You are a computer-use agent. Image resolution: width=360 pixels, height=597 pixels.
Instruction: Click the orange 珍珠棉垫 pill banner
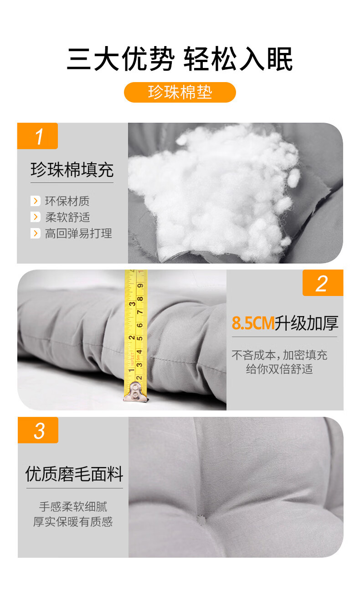(180, 92)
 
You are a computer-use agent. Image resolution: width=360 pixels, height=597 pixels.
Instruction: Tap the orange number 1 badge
(37, 136)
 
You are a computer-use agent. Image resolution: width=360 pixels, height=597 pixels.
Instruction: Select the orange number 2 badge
(323, 283)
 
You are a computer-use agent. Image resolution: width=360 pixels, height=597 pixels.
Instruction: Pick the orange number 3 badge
(38, 430)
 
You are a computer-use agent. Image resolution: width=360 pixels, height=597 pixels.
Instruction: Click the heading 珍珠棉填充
(72, 170)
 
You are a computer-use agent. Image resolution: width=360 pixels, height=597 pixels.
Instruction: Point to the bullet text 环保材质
(67, 201)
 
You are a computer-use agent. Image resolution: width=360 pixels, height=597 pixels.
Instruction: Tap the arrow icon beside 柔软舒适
(36, 217)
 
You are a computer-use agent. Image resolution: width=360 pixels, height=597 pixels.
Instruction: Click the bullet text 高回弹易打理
(78, 234)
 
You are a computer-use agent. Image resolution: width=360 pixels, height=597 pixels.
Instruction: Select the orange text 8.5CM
(253, 323)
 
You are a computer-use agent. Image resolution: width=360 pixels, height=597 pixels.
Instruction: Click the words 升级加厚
(307, 323)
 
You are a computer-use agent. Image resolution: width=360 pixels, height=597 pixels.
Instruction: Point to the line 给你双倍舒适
(279, 369)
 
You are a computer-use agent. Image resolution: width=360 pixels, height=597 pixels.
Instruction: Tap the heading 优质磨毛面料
(74, 474)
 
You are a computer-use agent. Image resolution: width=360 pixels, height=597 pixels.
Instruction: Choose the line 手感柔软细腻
(73, 506)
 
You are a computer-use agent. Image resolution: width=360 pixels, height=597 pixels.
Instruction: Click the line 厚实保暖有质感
(73, 522)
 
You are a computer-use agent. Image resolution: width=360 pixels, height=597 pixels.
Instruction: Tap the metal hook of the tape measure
(135, 391)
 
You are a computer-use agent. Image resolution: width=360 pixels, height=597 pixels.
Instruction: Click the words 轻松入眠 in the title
(238, 59)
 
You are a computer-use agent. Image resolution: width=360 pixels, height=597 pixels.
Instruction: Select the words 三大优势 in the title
(121, 59)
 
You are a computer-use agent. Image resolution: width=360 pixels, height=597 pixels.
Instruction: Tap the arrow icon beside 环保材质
(36, 201)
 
